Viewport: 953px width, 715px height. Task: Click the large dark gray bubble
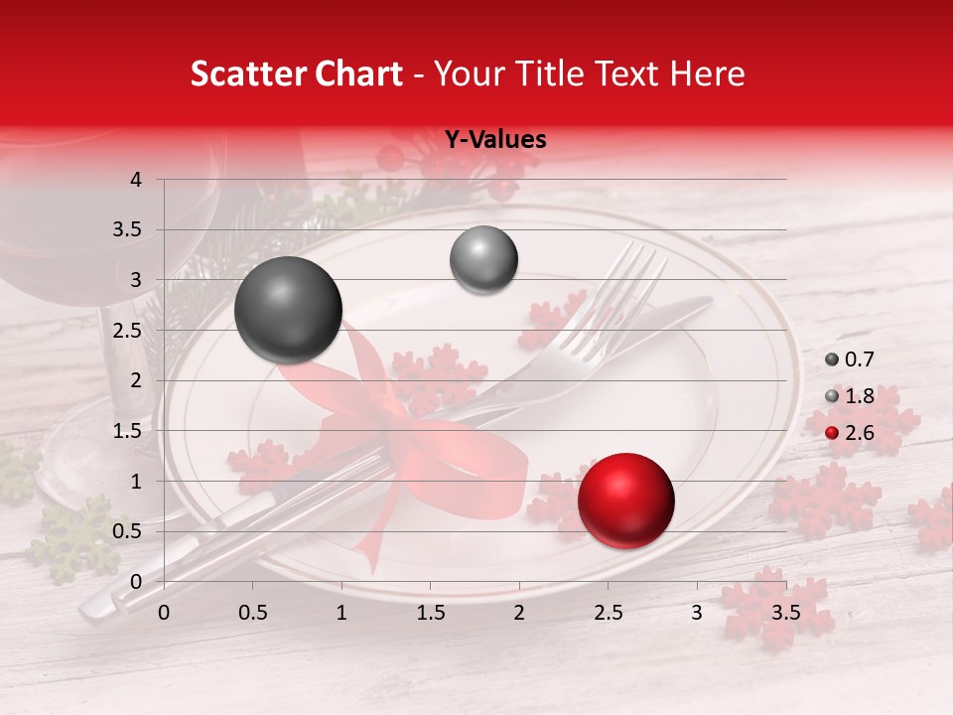[288, 310]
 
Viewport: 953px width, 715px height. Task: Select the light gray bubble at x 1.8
[483, 260]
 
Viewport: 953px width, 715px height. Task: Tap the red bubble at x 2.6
[625, 500]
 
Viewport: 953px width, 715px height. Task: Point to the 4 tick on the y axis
[136, 180]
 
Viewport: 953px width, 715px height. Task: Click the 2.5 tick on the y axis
[128, 331]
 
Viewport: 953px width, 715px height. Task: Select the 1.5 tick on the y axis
[128, 431]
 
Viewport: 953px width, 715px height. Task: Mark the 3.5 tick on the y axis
[128, 230]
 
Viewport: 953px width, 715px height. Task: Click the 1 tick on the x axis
[341, 613]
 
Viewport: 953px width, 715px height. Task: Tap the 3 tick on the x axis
[696, 613]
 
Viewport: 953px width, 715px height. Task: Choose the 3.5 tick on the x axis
[785, 613]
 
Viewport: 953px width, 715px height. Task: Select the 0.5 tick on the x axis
[252, 613]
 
